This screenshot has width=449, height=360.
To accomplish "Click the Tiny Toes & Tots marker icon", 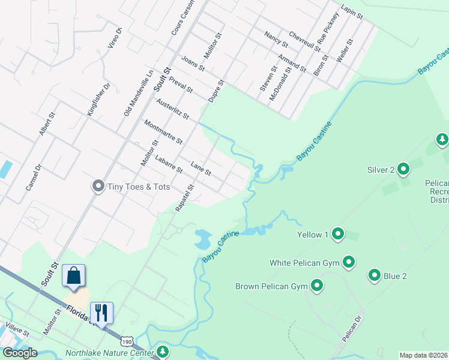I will (98, 187).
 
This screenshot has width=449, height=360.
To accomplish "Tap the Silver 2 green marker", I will (403, 169).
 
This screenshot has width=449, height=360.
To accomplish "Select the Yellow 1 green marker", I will (338, 234).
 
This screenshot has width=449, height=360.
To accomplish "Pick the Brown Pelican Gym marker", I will (316, 286).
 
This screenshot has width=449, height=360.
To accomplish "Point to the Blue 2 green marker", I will (375, 275).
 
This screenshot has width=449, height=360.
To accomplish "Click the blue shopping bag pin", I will (74, 276).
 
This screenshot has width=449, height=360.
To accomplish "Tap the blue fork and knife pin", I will (101, 313).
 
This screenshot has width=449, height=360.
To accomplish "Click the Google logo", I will (20, 352).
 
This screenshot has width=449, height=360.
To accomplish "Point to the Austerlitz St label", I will (172, 108).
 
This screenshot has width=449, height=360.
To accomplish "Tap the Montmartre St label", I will (163, 131).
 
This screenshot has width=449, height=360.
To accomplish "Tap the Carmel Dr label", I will (33, 178).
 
